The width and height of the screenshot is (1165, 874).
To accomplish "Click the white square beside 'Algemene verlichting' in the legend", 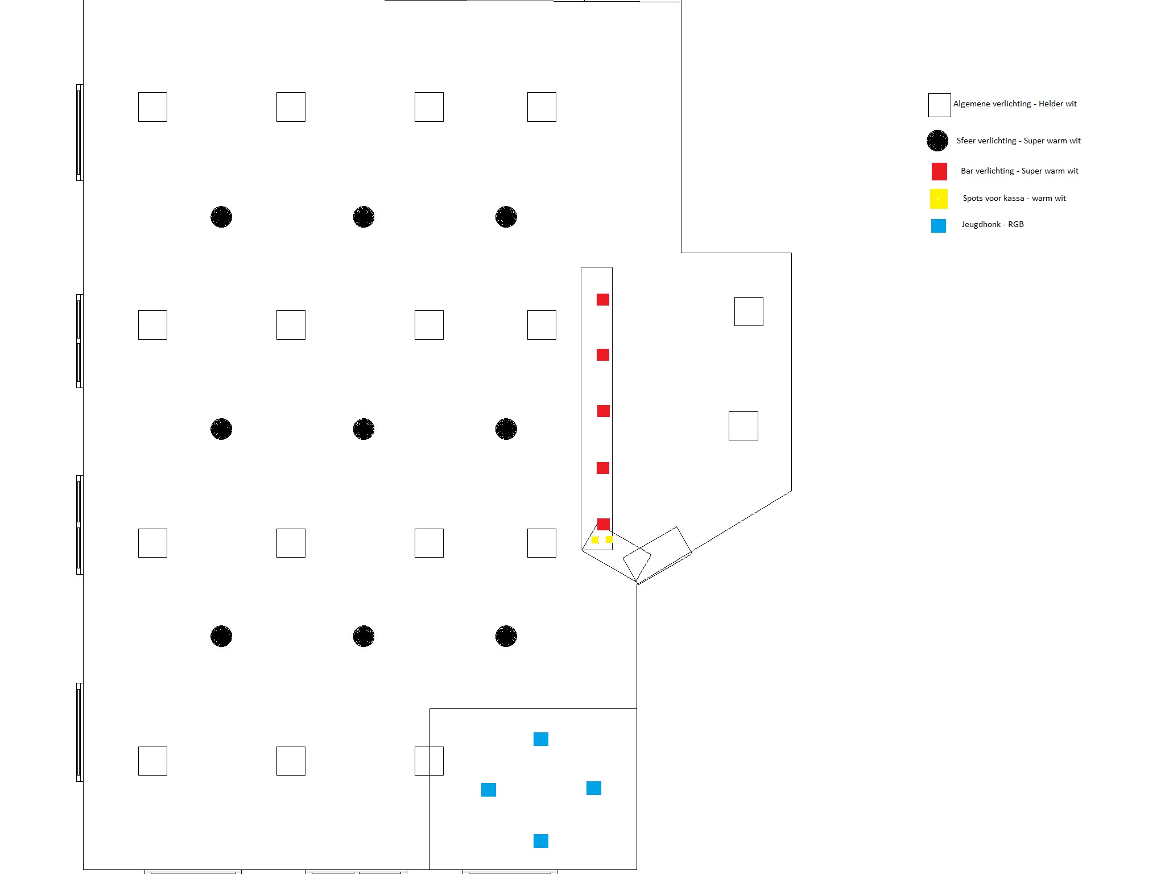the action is [939, 105].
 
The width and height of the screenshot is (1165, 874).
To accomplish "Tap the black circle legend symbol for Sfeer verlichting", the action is [937, 141].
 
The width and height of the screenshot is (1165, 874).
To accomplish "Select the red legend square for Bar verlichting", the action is [939, 171].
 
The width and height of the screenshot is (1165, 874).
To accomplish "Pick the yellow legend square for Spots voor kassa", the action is [939, 199].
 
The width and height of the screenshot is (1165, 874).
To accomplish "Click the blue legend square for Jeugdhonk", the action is [939, 226].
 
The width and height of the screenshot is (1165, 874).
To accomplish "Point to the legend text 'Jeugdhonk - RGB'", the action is [993, 224].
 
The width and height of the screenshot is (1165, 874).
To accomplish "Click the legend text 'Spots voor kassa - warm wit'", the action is [1014, 198].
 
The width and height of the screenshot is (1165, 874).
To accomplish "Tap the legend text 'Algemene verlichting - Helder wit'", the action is [1015, 104].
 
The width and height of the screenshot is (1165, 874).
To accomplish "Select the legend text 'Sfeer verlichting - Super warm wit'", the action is [1018, 141].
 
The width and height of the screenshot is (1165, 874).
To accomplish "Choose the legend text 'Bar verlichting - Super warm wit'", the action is [1019, 171].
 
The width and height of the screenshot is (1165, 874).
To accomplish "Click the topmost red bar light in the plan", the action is [603, 299].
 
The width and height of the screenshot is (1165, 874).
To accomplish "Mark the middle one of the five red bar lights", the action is [604, 411].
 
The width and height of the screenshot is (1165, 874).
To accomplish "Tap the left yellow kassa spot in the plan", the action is [595, 540].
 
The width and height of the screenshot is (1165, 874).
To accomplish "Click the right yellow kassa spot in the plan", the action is [609, 539].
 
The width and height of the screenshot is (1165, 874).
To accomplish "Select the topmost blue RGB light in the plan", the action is [541, 739].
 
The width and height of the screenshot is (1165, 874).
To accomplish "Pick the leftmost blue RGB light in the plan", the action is [489, 790].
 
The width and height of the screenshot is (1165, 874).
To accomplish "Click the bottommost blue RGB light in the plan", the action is [541, 841].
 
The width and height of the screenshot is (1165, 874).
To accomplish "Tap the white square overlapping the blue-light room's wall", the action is [429, 761].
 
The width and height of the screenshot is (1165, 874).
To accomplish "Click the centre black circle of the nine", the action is [363, 429].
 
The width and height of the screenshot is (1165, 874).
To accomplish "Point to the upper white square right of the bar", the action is [749, 311].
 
